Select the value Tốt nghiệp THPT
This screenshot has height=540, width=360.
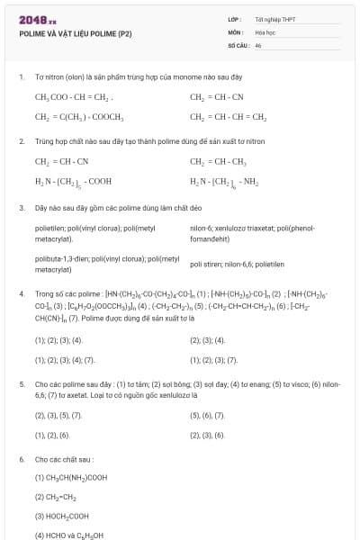pos(274,18)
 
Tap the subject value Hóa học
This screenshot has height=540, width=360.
pos(265,31)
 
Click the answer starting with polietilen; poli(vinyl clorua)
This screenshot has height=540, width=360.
pos(94,234)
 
